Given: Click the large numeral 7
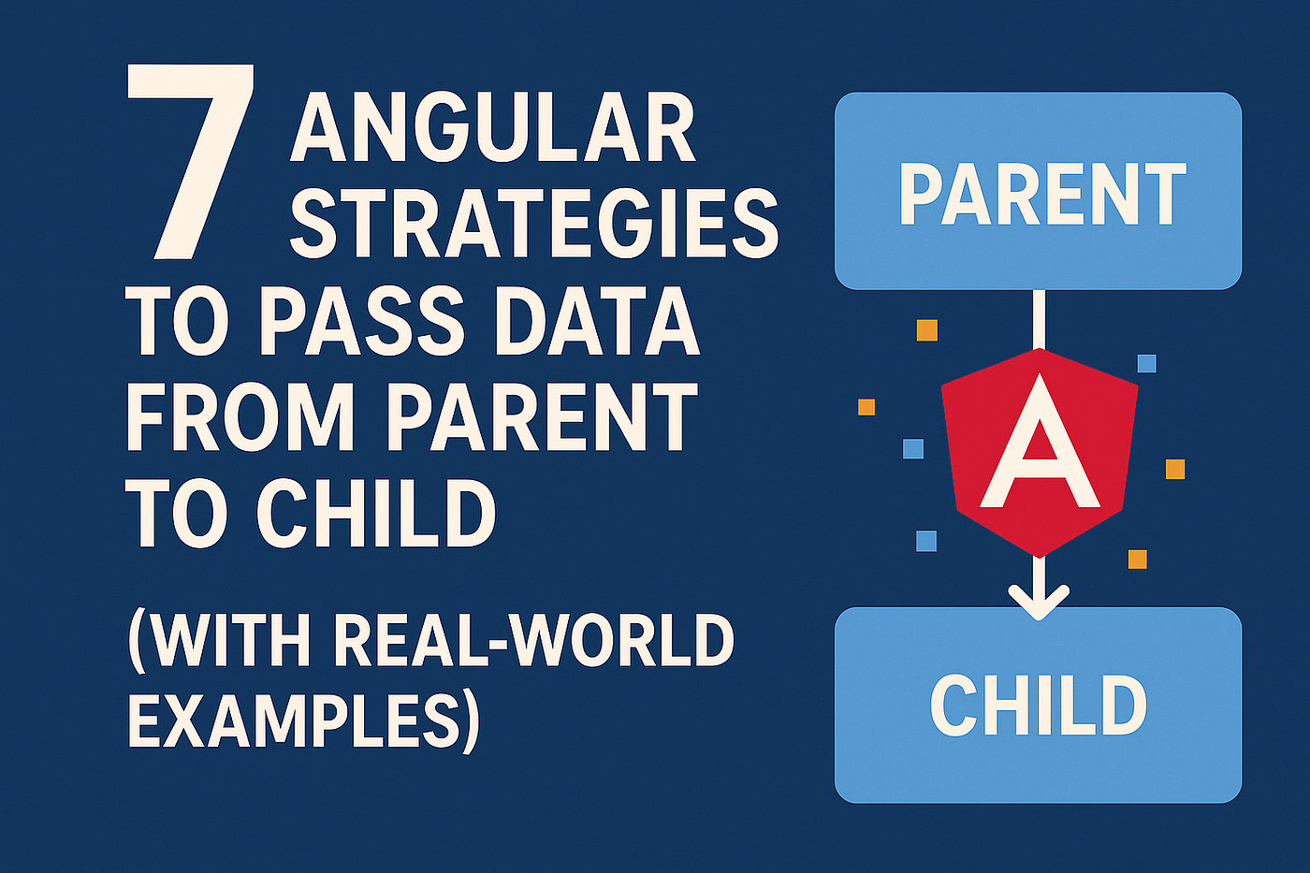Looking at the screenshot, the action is coord(190,162).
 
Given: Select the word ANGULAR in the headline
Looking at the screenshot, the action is coord(493,133).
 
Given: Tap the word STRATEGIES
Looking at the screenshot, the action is coord(534,226).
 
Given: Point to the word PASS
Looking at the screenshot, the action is coord(357,325).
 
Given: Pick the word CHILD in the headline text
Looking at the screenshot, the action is coord(375,514).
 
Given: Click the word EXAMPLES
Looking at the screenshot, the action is coord(284,720).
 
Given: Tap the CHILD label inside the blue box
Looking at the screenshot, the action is coord(1038,705).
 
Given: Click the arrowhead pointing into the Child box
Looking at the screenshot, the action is coord(1039,604).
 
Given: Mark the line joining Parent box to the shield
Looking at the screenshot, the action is coord(1039,319).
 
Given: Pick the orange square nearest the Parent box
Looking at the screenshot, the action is coord(927,330).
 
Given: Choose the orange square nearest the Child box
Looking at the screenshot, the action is coord(1138,559).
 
